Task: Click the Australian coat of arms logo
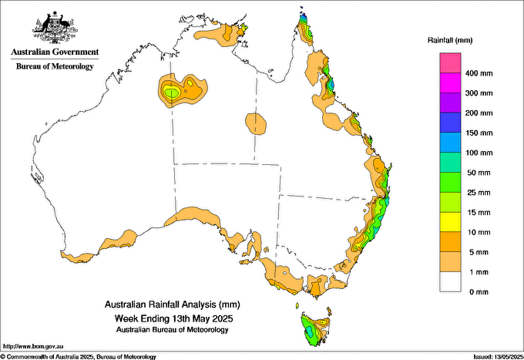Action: coord(54,28)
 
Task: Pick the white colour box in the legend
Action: coord(450,281)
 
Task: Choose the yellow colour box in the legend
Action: coord(450,222)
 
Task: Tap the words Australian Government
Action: coord(54,52)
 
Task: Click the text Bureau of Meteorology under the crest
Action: coord(54,66)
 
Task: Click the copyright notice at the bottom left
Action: coord(79,356)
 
